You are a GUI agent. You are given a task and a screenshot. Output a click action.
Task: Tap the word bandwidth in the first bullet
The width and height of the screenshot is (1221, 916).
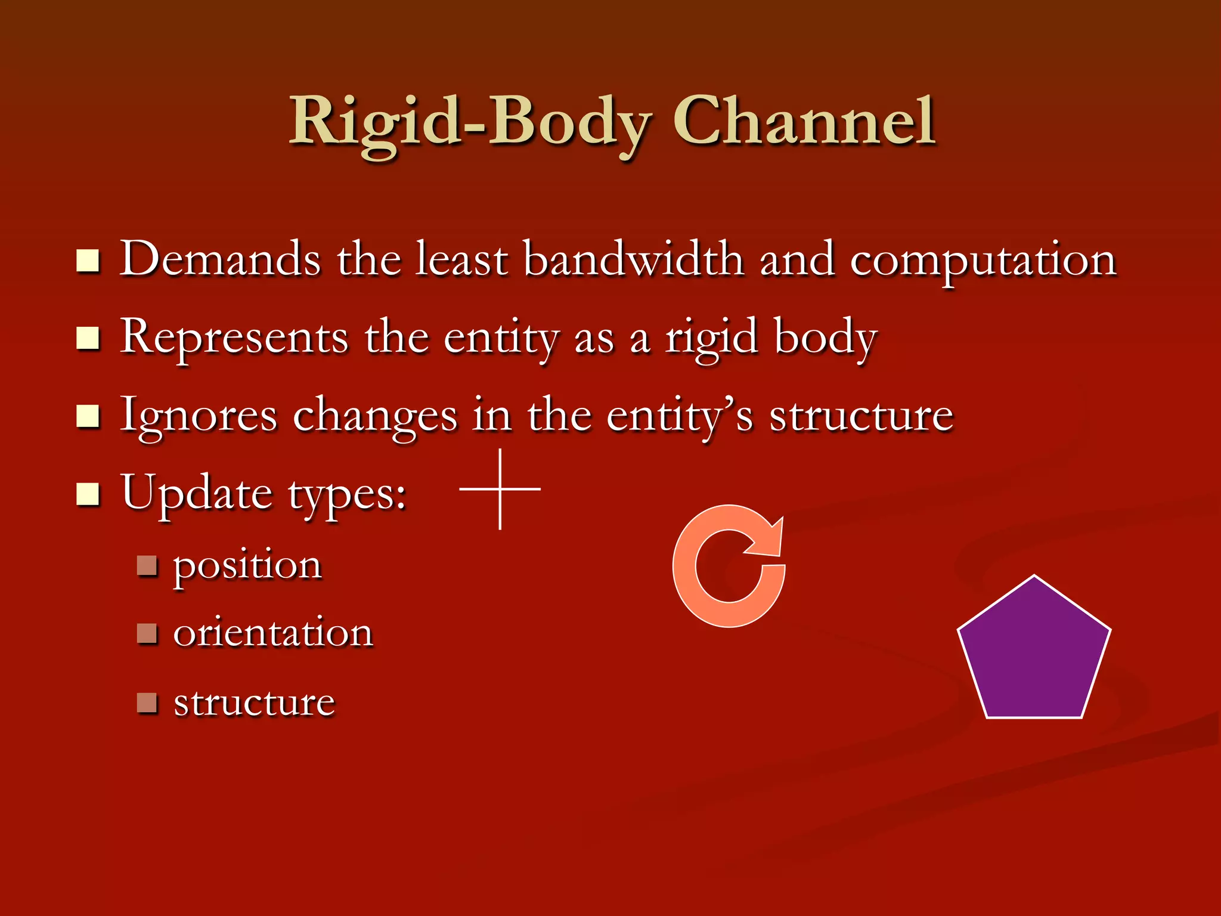click(x=633, y=260)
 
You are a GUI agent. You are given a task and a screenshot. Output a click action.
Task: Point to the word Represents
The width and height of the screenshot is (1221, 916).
click(x=234, y=338)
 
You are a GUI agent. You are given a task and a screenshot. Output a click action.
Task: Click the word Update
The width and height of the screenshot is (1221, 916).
click(x=197, y=493)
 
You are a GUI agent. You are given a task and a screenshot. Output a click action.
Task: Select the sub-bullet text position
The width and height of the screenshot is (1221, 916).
click(x=247, y=565)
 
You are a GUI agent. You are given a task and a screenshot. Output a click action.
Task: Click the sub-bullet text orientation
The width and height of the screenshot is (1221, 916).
click(x=273, y=633)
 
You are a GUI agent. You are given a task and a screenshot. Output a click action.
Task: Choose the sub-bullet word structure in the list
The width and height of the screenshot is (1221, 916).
click(x=254, y=703)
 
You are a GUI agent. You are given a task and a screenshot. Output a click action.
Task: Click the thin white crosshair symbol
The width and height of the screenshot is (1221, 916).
click(x=500, y=489)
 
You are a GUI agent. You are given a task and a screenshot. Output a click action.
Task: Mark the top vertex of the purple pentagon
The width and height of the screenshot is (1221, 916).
click(x=1034, y=577)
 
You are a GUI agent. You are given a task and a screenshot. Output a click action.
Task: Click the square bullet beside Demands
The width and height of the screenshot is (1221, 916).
click(x=88, y=261)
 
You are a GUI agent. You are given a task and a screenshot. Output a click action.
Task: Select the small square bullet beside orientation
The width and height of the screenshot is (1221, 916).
click(x=146, y=633)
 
